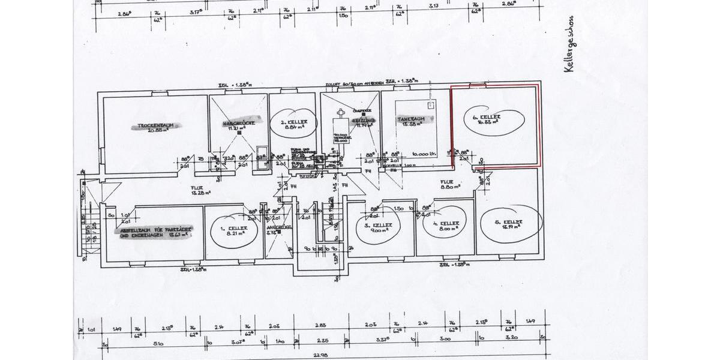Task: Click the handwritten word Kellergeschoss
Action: pos(569,44)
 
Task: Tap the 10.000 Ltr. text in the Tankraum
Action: pos(424,154)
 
